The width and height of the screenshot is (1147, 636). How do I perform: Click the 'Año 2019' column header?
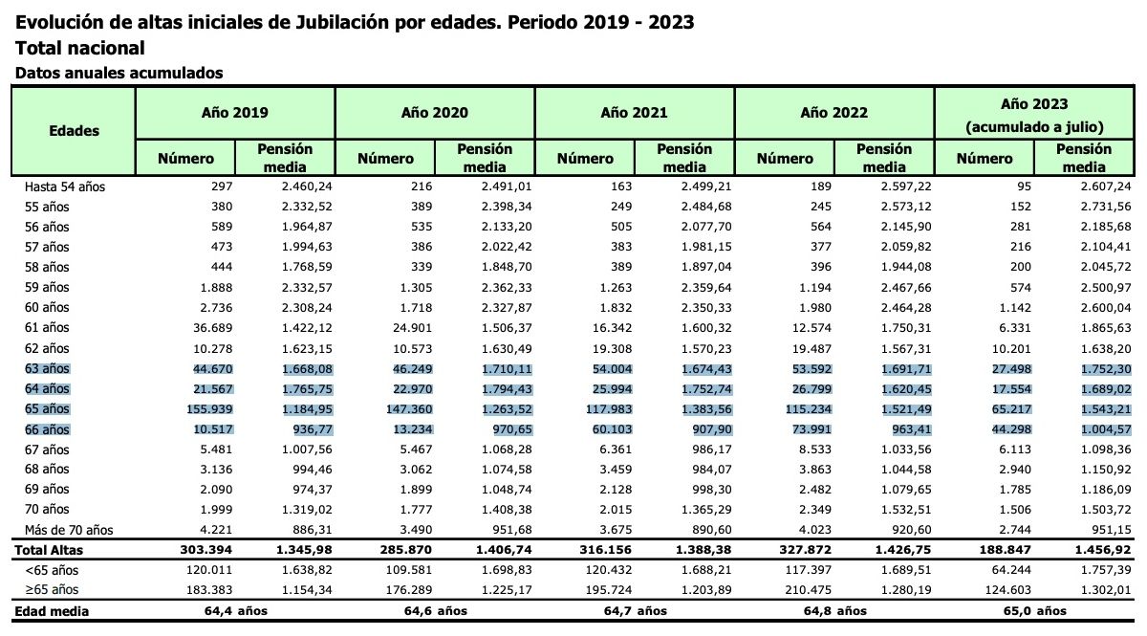pyautogui.click(x=235, y=113)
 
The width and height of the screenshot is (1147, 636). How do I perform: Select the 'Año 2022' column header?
pyautogui.click(x=833, y=113)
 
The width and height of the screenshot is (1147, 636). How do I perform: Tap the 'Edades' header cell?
pyautogui.click(x=74, y=131)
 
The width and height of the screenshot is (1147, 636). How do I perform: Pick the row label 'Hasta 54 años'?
pyautogui.click(x=65, y=186)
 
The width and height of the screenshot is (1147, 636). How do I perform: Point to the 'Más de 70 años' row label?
pyautogui.click(x=70, y=529)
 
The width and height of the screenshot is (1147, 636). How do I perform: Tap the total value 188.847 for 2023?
pyautogui.click(x=985, y=550)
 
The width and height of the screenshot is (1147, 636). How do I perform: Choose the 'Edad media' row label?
pyautogui.click(x=50, y=610)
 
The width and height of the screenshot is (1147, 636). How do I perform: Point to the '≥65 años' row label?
pyautogui.click(x=53, y=589)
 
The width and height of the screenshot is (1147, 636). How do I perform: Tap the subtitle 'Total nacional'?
pyautogui.click(x=80, y=48)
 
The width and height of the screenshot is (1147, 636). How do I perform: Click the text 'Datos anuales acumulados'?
pyautogui.click(x=119, y=73)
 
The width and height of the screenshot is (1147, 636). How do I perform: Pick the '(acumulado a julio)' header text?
pyautogui.click(x=1034, y=126)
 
